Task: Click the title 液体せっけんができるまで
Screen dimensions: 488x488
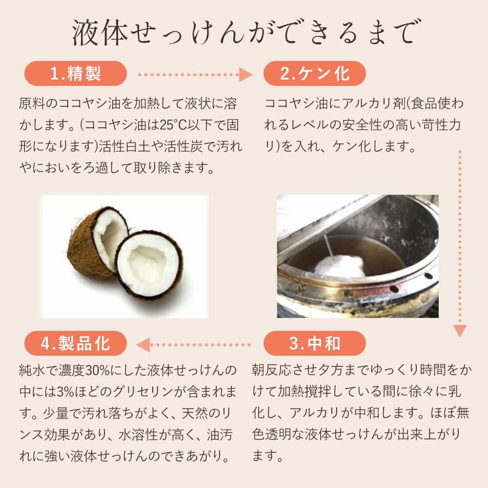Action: [x=244, y=33]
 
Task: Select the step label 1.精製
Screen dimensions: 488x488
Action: [x=76, y=74]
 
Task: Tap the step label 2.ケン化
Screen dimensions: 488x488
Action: [x=314, y=74]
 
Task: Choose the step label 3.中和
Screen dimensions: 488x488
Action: [x=314, y=344]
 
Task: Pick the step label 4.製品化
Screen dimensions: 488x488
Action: [x=76, y=344]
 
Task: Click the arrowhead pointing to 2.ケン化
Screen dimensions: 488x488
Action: [x=245, y=75]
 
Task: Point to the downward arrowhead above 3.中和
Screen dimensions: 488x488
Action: [x=459, y=330]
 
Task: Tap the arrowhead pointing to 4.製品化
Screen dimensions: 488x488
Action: [x=143, y=345]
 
